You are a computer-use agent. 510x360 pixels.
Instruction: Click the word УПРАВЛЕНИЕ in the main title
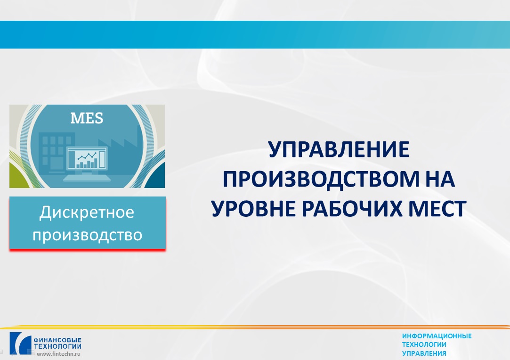pos(339,149)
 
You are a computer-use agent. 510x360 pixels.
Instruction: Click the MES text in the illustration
pos(87,118)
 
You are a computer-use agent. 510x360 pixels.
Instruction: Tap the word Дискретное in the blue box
pos(87,213)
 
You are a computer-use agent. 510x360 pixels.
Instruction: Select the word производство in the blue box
pos(87,235)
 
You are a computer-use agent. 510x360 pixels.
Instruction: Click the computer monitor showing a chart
pos(87,158)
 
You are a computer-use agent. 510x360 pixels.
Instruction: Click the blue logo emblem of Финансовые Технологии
pos(20,343)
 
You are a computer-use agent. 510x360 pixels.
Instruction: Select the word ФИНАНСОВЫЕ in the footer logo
pos(57,340)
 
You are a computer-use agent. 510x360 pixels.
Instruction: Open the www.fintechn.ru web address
pos(58,354)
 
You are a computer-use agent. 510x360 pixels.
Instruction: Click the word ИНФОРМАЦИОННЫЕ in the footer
pos(437,336)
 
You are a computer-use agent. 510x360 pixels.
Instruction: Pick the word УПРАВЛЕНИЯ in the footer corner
pos(424,353)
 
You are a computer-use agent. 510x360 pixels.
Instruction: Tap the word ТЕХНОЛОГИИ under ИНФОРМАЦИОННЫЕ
pos(424,344)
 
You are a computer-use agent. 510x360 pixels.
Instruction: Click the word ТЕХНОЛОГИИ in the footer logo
pos(57,347)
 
